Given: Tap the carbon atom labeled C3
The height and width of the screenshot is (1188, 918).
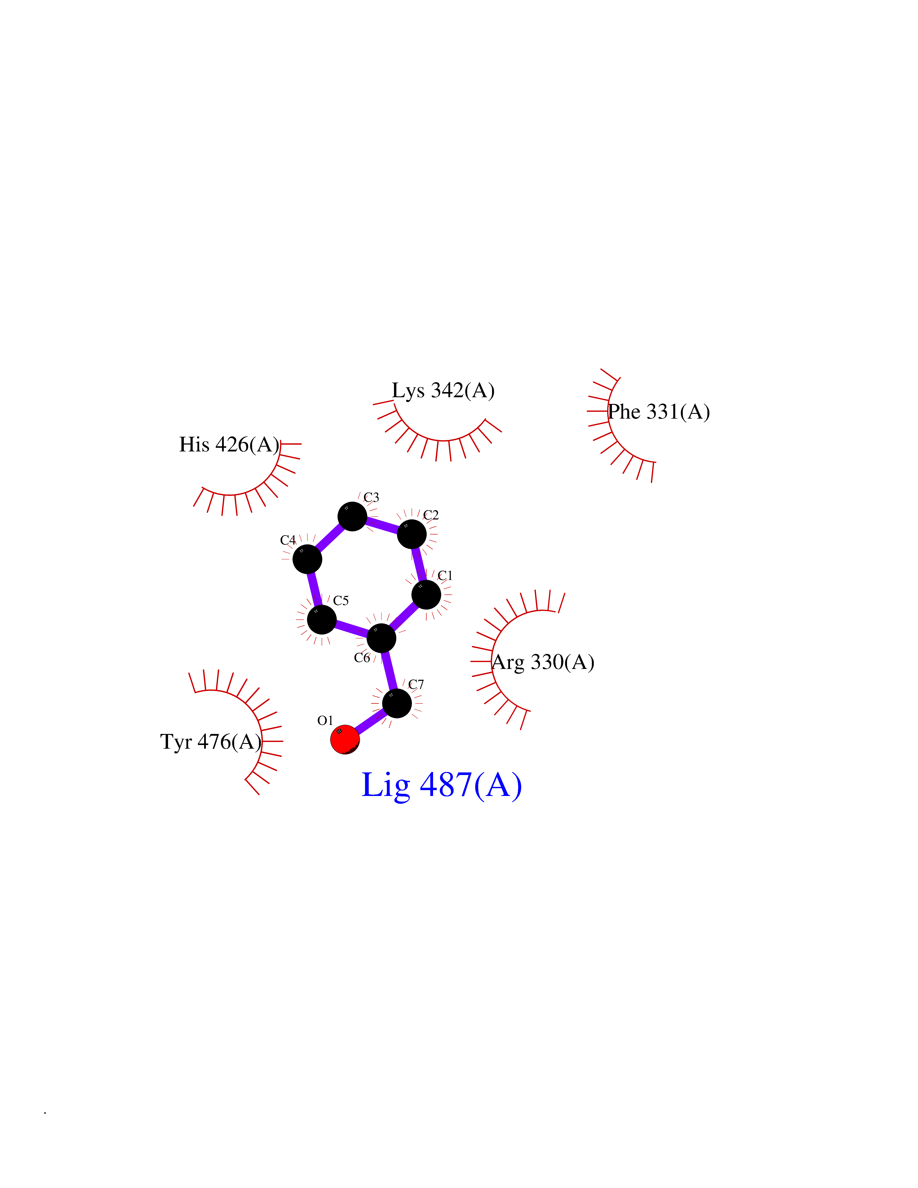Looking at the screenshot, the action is point(353,516).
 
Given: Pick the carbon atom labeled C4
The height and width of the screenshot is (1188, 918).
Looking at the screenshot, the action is point(307,559).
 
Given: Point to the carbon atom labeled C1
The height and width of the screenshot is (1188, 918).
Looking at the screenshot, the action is point(426,595).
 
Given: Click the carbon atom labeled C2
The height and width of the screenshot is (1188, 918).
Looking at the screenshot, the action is point(412,534).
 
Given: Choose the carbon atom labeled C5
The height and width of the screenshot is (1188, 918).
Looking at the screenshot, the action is point(322,619).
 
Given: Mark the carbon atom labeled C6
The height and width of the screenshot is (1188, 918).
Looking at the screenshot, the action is point(382,638).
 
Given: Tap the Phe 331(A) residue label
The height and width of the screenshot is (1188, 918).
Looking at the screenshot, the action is point(659,412).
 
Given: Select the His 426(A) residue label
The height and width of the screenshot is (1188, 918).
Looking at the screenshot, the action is point(229,444).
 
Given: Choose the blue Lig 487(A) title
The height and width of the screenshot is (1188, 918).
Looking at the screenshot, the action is point(442,785).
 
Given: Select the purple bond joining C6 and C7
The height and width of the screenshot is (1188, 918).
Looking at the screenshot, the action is point(389,671).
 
